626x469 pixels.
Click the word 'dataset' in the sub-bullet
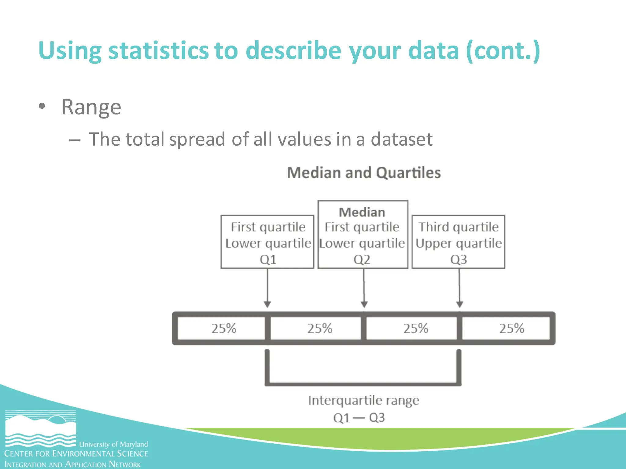click(x=401, y=139)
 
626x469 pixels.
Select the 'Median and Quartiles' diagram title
click(x=364, y=173)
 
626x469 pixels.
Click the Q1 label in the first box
click(x=268, y=260)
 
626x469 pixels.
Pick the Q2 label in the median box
click(x=362, y=260)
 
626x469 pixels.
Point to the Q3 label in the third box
click(x=458, y=260)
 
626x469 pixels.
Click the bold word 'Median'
click(x=362, y=212)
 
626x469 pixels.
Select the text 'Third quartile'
click(x=458, y=227)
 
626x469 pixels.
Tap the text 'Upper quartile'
click(x=458, y=243)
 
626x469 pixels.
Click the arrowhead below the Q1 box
click(x=267, y=304)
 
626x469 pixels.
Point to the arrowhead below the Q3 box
click(x=459, y=304)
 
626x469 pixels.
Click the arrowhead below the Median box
click(x=364, y=304)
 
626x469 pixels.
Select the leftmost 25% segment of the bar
click(x=224, y=329)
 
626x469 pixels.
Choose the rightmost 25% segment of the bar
click(x=512, y=329)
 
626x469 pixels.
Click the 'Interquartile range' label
click(x=363, y=400)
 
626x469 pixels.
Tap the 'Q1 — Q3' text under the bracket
click(x=359, y=418)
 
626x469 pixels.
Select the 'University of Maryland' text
click(x=113, y=444)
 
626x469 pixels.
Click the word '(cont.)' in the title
click(x=503, y=50)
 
